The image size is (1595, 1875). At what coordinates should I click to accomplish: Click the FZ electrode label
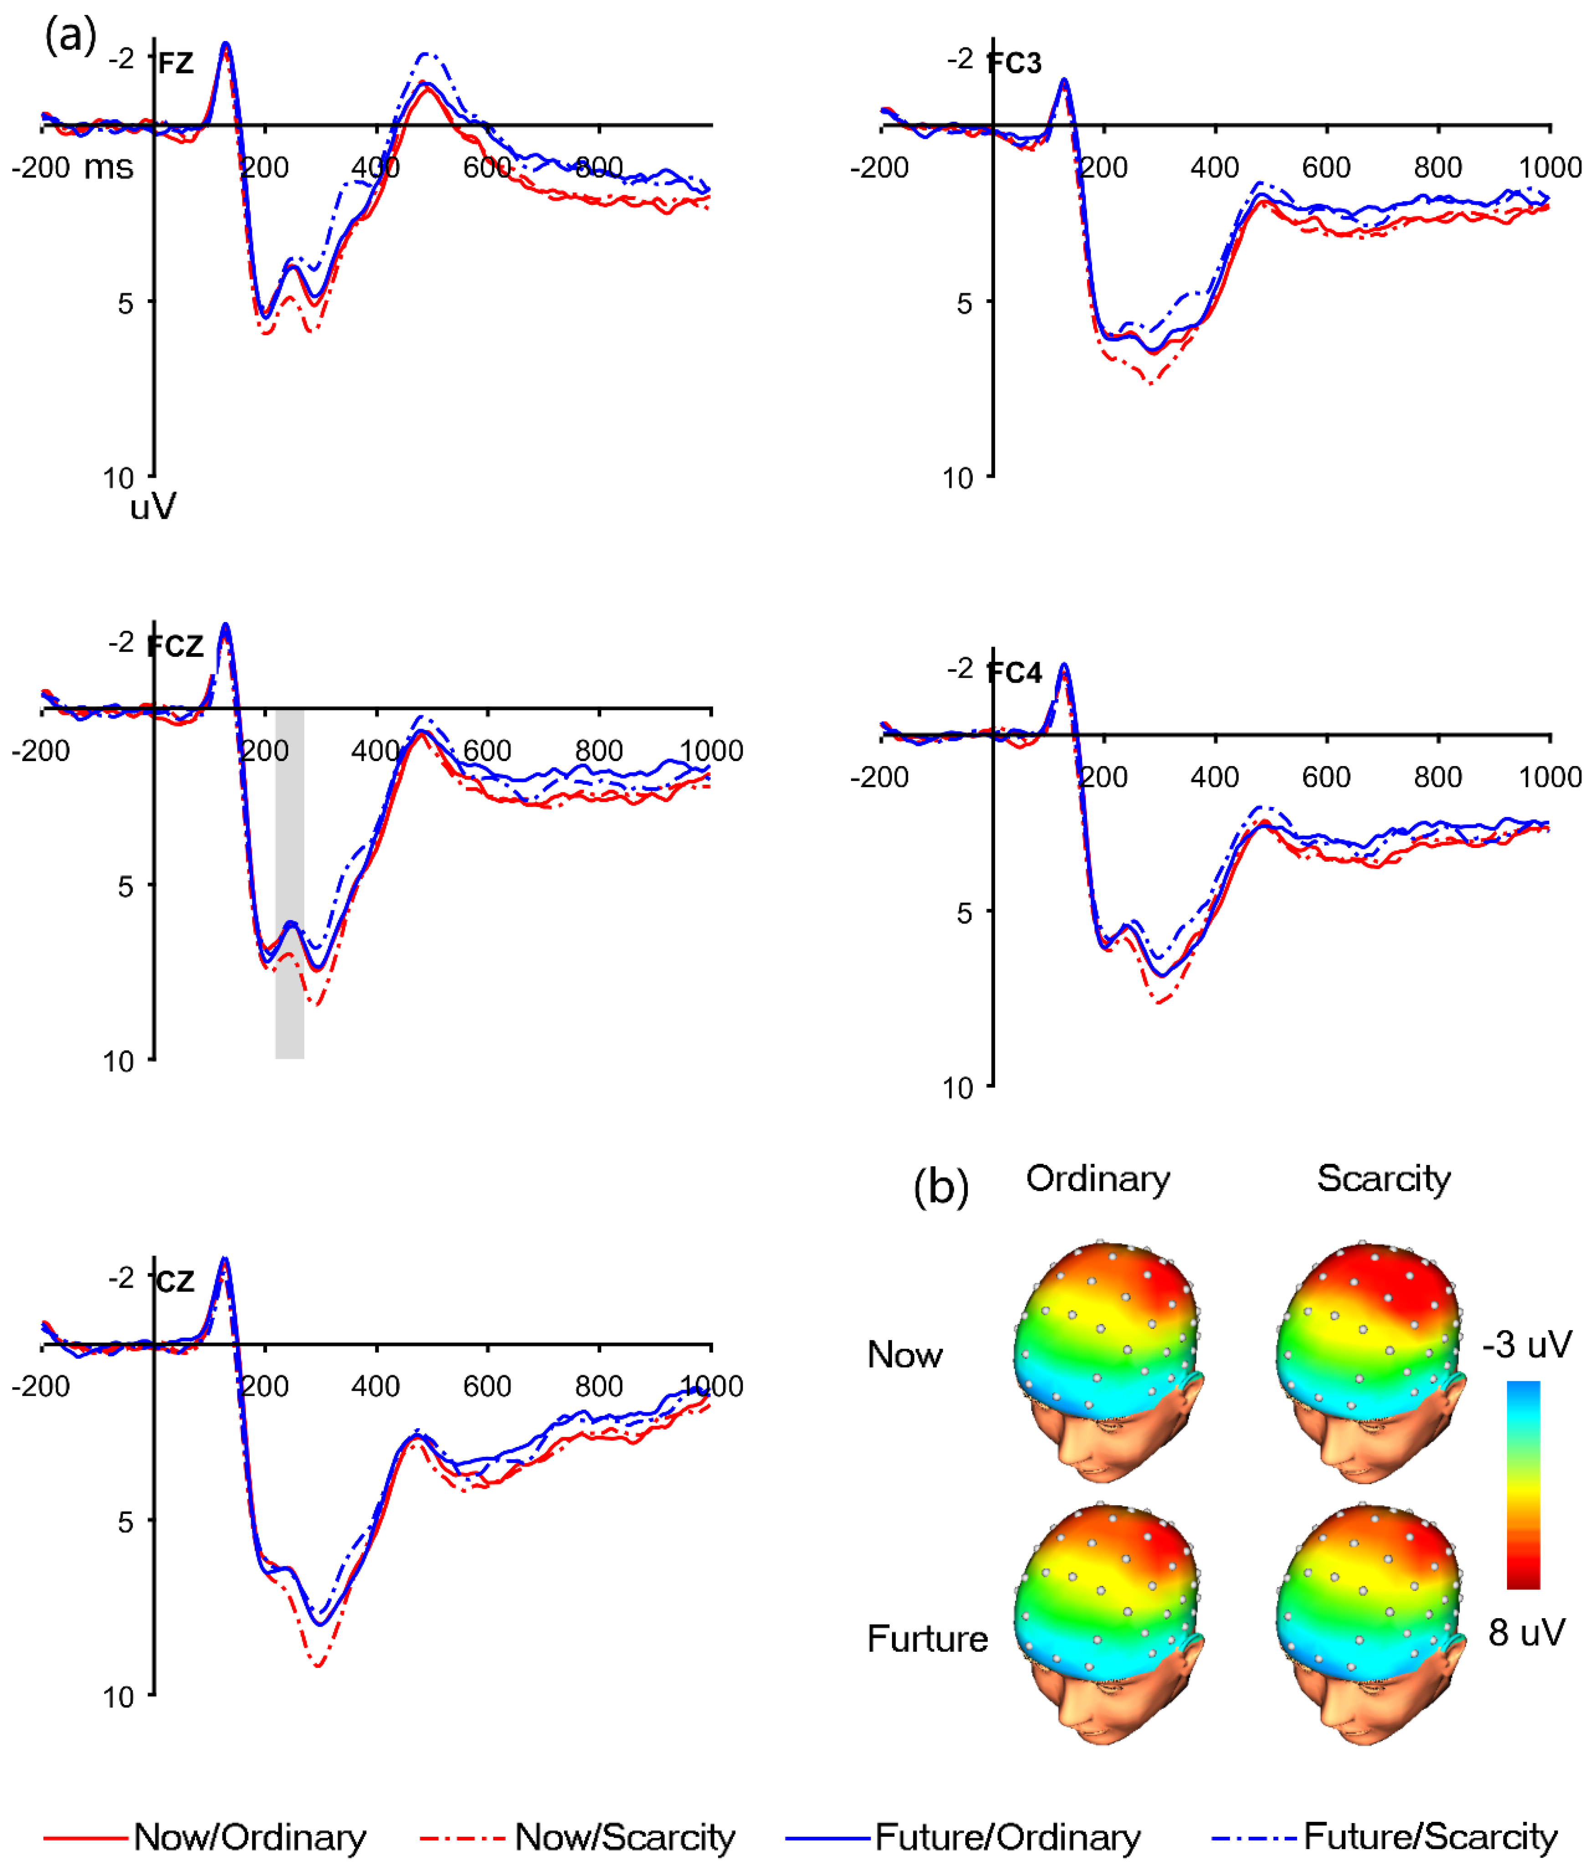[x=175, y=63]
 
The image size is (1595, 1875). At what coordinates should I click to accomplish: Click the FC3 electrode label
[x=1015, y=63]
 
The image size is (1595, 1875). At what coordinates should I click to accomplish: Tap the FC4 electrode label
[x=1015, y=673]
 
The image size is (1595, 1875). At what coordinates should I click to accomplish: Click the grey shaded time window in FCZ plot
[x=289, y=995]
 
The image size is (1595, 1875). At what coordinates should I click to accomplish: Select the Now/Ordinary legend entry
[x=205, y=1837]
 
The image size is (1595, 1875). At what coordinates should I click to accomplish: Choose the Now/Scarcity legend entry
[x=579, y=1837]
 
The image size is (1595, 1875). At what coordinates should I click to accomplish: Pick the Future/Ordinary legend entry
[x=964, y=1837]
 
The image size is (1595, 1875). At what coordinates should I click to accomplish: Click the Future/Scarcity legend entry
[x=1385, y=1837]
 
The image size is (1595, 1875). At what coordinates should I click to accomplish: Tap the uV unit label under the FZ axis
[x=153, y=507]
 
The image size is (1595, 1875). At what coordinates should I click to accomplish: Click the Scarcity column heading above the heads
[x=1384, y=1179]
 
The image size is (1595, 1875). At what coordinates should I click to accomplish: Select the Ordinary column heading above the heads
[x=1098, y=1179]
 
